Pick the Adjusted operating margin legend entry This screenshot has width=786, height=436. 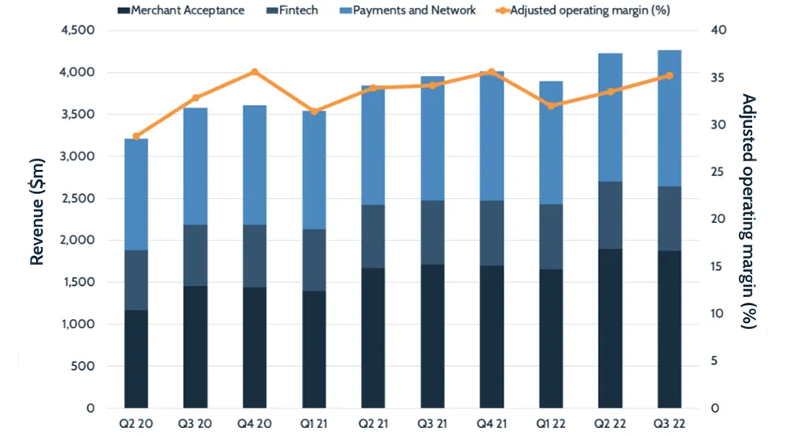tap(582, 10)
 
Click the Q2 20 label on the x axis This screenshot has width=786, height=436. tap(136, 424)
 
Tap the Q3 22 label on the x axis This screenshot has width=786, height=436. tap(670, 424)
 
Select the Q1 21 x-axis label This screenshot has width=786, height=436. tap(314, 424)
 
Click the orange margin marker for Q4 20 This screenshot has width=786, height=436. tap(255, 72)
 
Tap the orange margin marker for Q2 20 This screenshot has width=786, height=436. tap(136, 137)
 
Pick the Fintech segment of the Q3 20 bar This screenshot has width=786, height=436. tap(195, 255)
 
